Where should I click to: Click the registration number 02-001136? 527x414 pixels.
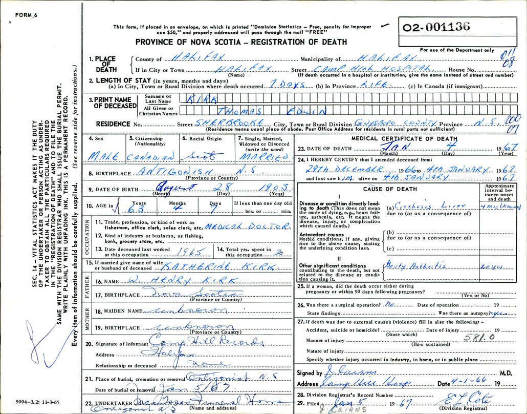(x=436, y=28)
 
